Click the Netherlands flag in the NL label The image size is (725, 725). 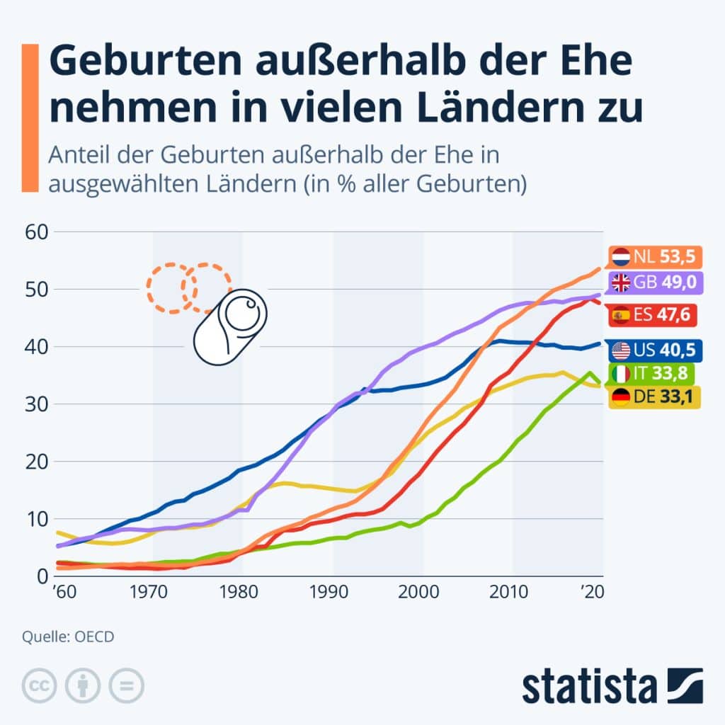pos(622,256)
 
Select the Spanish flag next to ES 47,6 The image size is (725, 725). pos(622,314)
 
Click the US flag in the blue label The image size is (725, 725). pos(622,350)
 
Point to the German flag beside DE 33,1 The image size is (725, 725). pos(622,399)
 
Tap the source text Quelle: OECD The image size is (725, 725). pos(68,636)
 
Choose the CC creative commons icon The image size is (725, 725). pos(40,685)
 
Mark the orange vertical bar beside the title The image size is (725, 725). pos(29,118)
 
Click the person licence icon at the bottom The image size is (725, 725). pos(84,685)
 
